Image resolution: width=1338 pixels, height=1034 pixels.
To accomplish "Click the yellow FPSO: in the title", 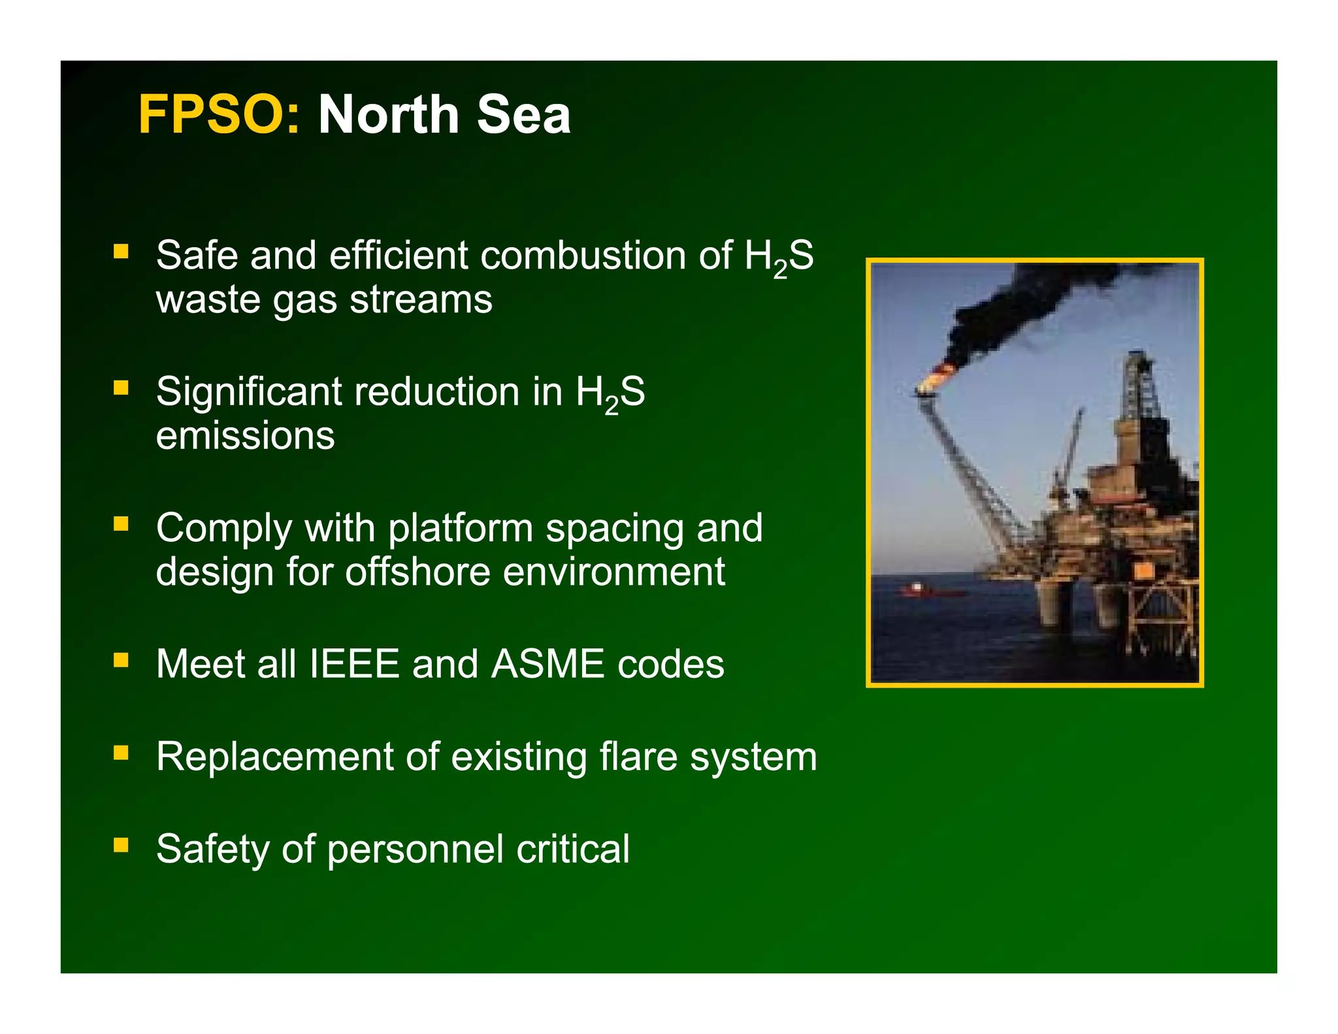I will (x=219, y=115).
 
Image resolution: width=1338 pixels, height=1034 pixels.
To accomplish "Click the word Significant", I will (x=249, y=392).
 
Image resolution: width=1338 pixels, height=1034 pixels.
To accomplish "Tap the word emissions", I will (x=245, y=435).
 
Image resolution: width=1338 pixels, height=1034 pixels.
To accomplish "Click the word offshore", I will (x=417, y=571).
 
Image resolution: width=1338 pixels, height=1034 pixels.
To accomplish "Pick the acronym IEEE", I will (x=353, y=664).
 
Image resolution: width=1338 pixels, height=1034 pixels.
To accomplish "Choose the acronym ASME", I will (x=547, y=664).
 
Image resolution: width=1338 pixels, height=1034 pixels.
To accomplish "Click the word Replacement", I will (x=274, y=757).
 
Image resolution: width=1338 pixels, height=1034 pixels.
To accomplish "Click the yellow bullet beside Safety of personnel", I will (x=121, y=845).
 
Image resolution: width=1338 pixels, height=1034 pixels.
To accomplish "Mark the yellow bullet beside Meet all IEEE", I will (x=121, y=660).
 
